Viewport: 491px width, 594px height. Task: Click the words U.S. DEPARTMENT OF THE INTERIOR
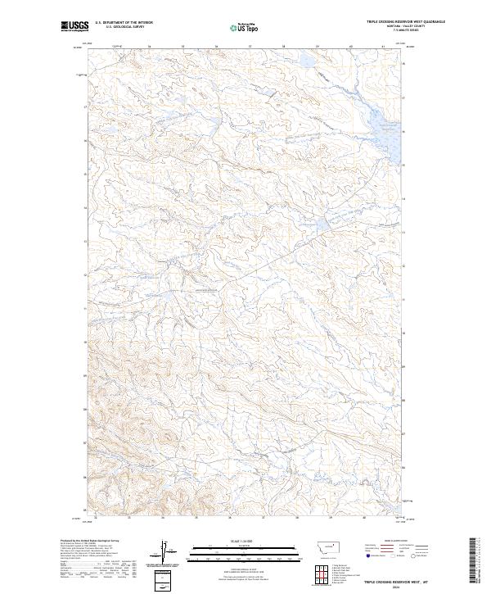click(x=124, y=23)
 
